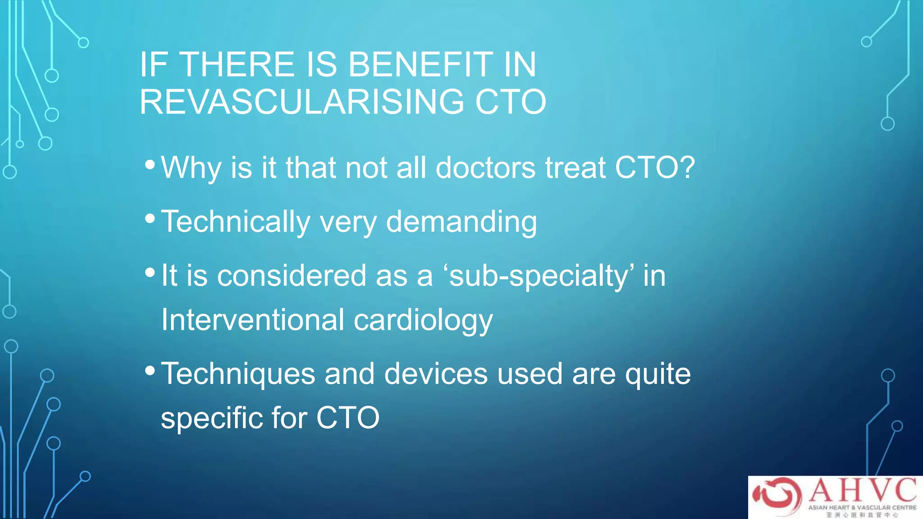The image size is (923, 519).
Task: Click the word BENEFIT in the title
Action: point(421,64)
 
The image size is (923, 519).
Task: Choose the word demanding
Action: point(461,222)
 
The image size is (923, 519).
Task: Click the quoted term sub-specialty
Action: point(539,276)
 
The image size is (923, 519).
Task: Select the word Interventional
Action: point(253,320)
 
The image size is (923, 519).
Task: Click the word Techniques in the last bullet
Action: point(238,374)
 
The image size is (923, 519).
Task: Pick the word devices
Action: point(436,374)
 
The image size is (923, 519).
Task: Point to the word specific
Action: point(212,418)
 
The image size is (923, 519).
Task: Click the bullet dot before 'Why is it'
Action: point(150,164)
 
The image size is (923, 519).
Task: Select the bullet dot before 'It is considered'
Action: point(150,273)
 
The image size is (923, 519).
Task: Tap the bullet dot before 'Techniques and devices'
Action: point(150,371)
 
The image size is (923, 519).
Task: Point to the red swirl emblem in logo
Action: point(777,496)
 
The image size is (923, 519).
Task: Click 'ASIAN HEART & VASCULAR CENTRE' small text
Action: point(862,507)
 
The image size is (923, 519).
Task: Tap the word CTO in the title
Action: point(511,102)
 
